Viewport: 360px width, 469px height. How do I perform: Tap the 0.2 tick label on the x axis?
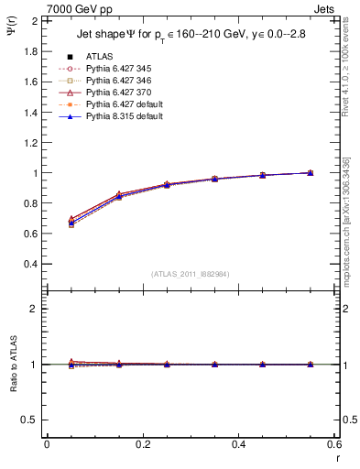tap(142, 444)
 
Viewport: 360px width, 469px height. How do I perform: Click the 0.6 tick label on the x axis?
tap(333, 444)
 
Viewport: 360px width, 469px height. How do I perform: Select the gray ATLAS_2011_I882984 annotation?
tap(191, 274)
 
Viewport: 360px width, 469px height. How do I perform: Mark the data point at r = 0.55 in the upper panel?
tap(311, 172)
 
